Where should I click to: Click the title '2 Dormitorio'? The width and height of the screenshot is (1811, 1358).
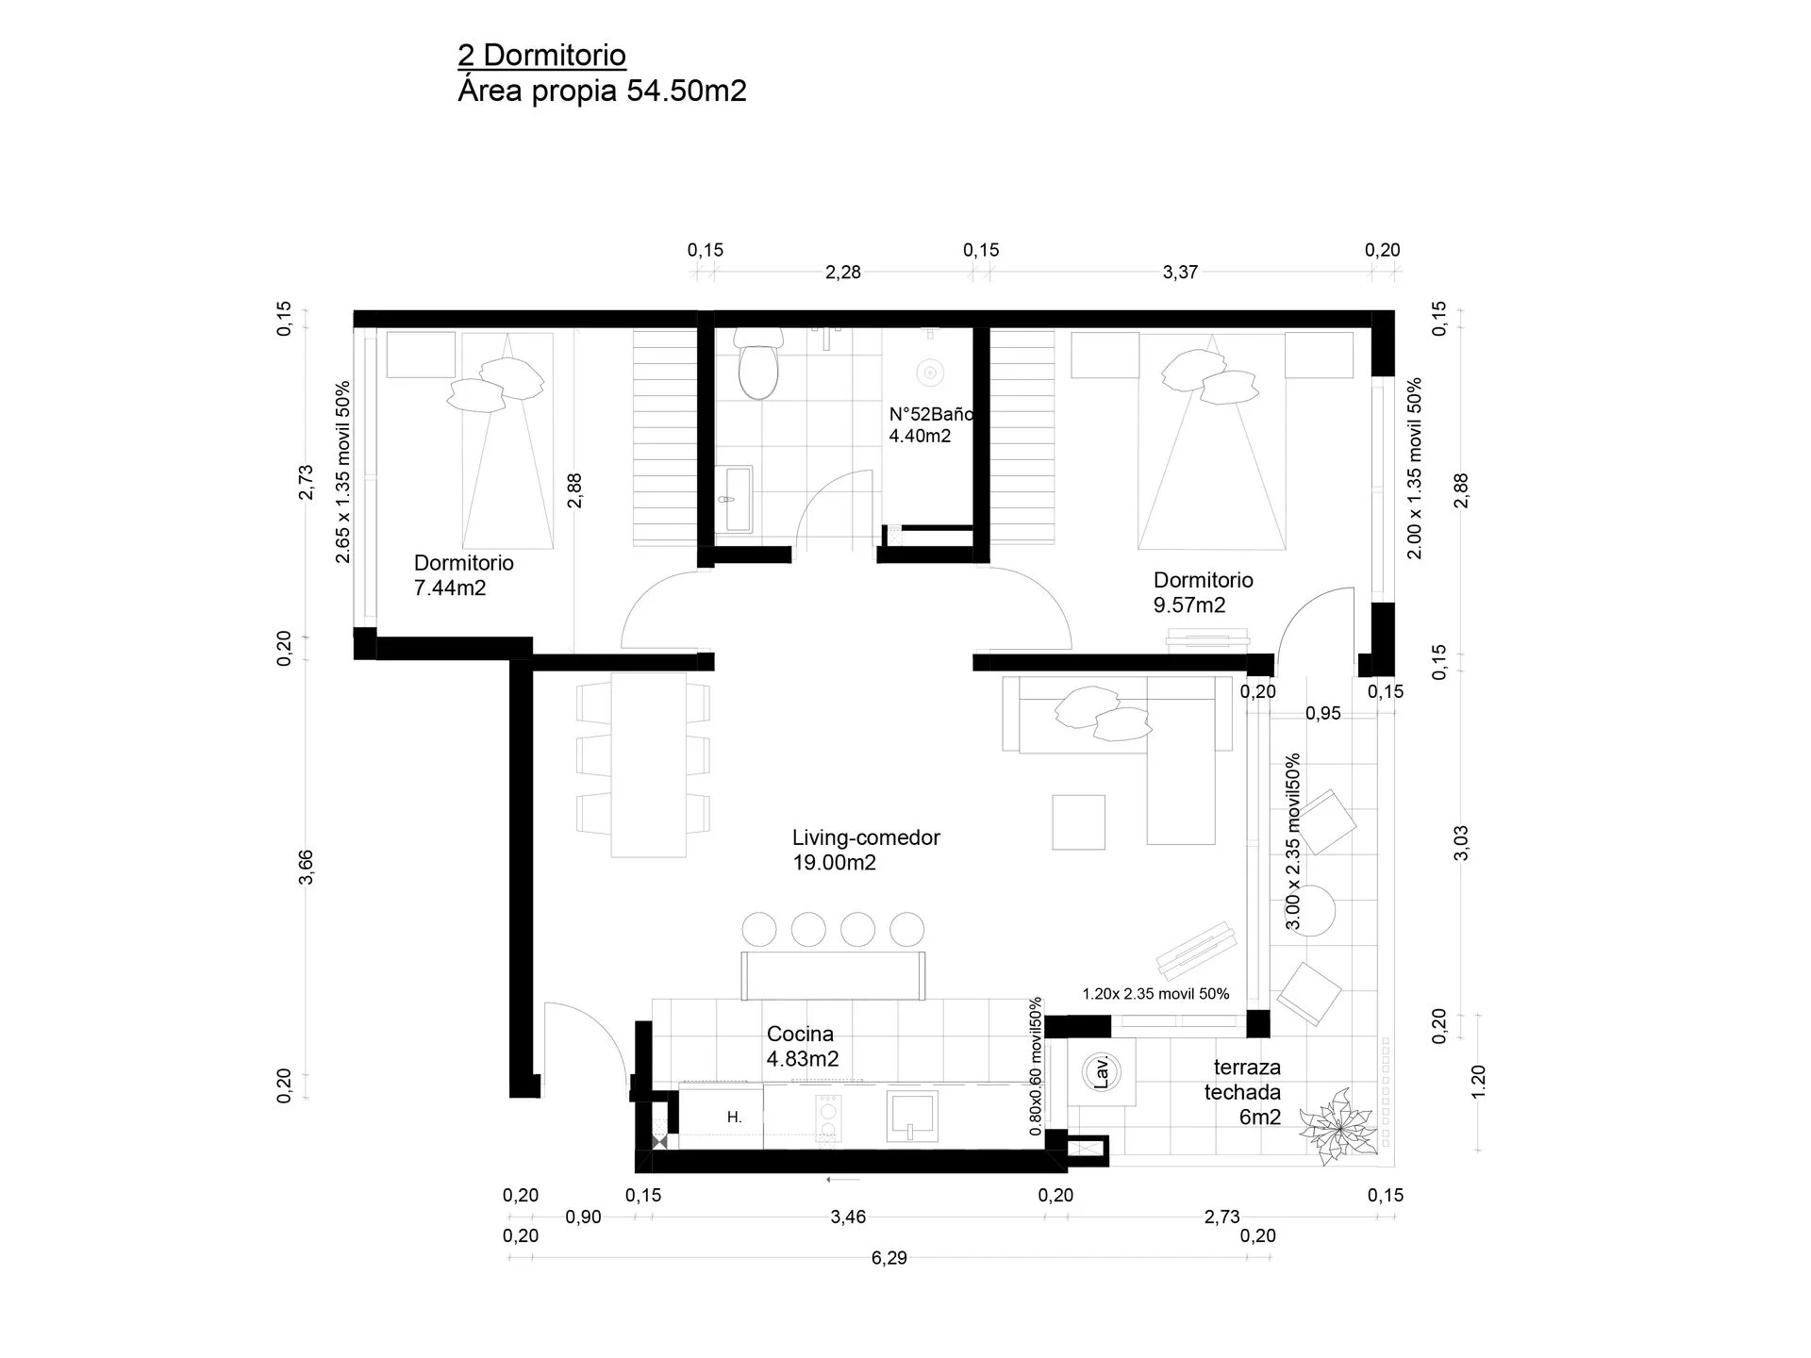tap(541, 56)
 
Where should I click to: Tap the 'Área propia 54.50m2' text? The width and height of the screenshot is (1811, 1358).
tap(602, 91)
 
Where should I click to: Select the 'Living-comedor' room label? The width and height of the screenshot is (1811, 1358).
tap(866, 837)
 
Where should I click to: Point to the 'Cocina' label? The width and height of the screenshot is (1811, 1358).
tap(800, 1034)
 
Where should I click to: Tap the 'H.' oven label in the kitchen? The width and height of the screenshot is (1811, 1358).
tap(735, 1118)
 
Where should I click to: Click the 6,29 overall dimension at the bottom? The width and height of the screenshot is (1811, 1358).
tap(889, 1258)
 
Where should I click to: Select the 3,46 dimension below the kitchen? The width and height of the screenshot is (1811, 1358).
tap(848, 1217)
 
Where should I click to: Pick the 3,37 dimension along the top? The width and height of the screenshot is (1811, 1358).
tap(1180, 273)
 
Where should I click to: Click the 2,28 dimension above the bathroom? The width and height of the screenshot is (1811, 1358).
tap(843, 273)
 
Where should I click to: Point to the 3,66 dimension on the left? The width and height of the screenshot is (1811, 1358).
tap(306, 868)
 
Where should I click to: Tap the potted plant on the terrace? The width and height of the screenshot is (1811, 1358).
tap(1337, 1127)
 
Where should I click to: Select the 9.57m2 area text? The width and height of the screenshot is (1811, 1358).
tap(1189, 605)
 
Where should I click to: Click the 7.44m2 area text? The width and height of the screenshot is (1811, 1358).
tap(450, 588)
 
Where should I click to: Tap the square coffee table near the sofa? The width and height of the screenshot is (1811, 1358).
tap(1079, 822)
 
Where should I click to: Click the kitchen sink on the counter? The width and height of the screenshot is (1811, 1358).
tap(912, 1117)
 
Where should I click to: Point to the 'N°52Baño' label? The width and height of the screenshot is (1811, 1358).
tap(931, 414)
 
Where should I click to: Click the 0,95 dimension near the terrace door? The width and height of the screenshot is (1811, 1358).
tap(1323, 714)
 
